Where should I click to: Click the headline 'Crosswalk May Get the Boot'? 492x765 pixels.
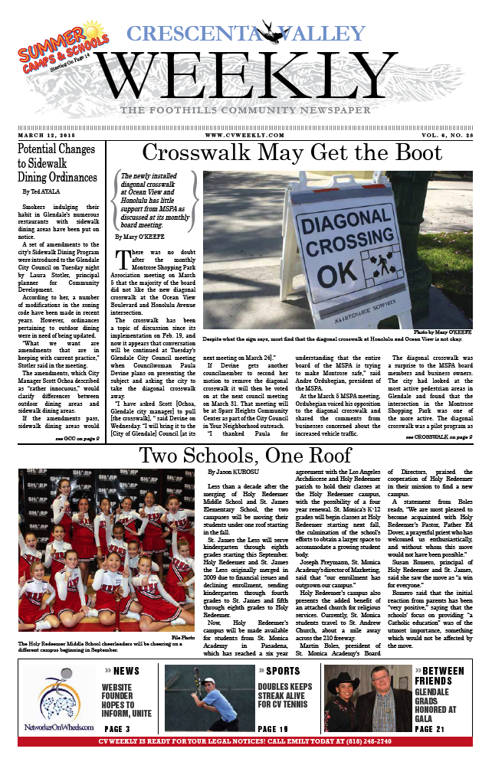point(292,153)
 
